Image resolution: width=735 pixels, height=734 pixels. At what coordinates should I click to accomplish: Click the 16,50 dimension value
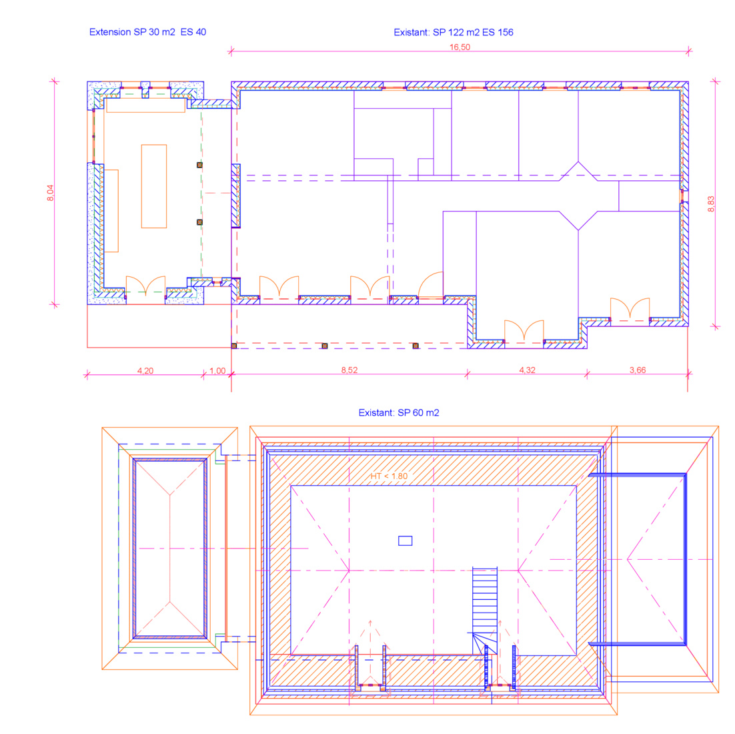tap(460, 47)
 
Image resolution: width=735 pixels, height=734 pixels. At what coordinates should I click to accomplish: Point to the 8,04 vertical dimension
tap(50, 193)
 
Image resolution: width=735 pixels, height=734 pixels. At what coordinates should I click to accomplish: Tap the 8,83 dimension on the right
tap(711, 204)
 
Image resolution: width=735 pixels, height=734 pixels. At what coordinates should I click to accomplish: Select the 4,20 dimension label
tap(145, 370)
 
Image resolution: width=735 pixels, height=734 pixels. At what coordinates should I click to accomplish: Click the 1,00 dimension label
tap(217, 370)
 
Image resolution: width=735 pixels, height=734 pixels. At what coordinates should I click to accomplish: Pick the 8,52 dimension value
tap(349, 370)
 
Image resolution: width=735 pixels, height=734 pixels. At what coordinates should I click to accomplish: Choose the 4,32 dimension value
tap(527, 370)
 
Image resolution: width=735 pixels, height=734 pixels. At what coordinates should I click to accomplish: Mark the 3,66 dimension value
tap(638, 370)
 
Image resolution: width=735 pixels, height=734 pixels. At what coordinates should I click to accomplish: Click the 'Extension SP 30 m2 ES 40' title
tap(147, 32)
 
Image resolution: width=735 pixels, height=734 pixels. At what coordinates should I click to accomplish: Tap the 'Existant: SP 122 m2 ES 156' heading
tap(454, 32)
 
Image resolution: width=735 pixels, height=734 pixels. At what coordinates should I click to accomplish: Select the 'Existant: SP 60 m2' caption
tap(399, 413)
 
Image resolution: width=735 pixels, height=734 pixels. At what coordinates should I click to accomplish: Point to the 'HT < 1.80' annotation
tap(389, 476)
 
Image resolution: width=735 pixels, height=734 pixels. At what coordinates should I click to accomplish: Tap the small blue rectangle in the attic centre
tap(405, 540)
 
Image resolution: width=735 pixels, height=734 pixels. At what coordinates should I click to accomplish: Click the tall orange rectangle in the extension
tap(154, 186)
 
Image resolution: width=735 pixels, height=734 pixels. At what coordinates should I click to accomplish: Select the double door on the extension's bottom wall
tap(146, 286)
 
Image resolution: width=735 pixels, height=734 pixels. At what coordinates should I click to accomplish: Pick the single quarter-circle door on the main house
tap(431, 284)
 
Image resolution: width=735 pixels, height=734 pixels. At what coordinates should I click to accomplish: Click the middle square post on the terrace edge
tap(324, 346)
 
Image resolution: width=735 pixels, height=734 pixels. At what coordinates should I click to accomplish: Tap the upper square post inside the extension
tap(199, 165)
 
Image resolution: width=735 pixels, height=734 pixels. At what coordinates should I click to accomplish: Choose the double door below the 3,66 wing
tap(630, 308)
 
